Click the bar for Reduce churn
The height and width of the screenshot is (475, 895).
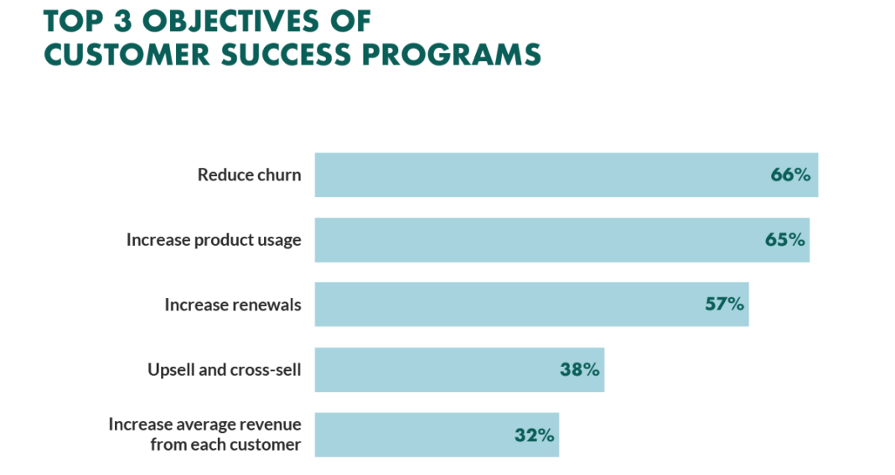536,175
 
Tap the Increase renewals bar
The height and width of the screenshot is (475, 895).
503,304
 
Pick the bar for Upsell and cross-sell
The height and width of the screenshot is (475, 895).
436,369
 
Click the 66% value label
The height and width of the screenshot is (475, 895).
790,175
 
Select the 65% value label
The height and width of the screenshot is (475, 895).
784,240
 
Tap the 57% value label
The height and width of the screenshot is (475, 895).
724,304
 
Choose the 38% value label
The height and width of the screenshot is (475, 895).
580,369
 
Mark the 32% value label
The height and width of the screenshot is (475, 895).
534,435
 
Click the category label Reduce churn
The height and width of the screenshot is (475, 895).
249,175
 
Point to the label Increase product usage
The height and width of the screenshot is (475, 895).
214,240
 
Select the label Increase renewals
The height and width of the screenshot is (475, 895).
232,305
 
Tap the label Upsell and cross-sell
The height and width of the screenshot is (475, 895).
224,369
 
